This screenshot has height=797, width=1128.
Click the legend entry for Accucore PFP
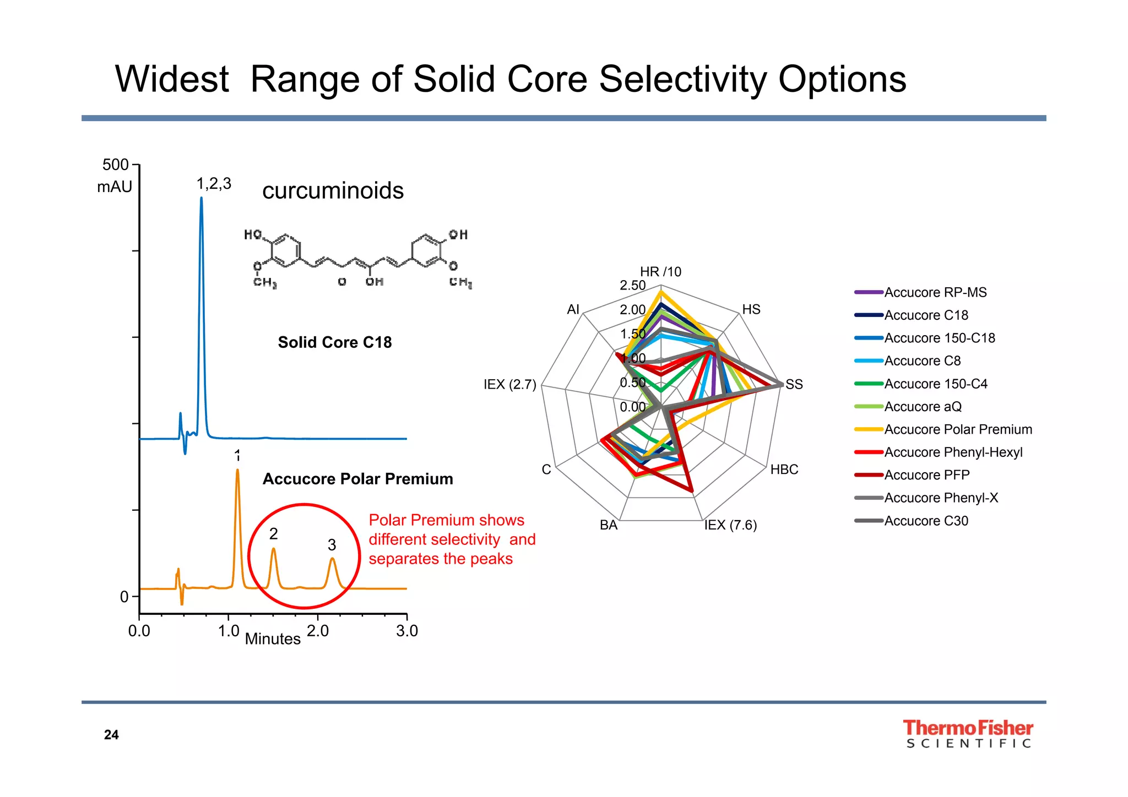point(926,475)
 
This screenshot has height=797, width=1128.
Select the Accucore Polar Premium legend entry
point(958,429)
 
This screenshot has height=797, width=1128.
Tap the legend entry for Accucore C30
point(926,521)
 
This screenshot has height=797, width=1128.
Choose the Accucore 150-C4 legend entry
point(935,384)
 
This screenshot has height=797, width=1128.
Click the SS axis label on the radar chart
point(794,384)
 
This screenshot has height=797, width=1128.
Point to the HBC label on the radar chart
point(784,470)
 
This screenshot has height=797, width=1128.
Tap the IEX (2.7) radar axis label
point(509,384)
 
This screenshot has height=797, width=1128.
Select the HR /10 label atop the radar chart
point(660,272)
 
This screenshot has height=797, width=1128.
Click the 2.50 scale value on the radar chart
point(632,285)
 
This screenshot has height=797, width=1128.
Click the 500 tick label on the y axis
point(115,165)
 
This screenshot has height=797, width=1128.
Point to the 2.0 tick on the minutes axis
point(318,631)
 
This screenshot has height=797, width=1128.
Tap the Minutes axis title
point(273,639)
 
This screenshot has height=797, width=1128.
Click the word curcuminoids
point(333,191)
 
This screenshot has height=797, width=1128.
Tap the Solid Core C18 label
point(335,342)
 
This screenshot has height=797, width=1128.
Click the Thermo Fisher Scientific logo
point(968,734)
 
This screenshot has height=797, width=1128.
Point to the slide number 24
point(111,735)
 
